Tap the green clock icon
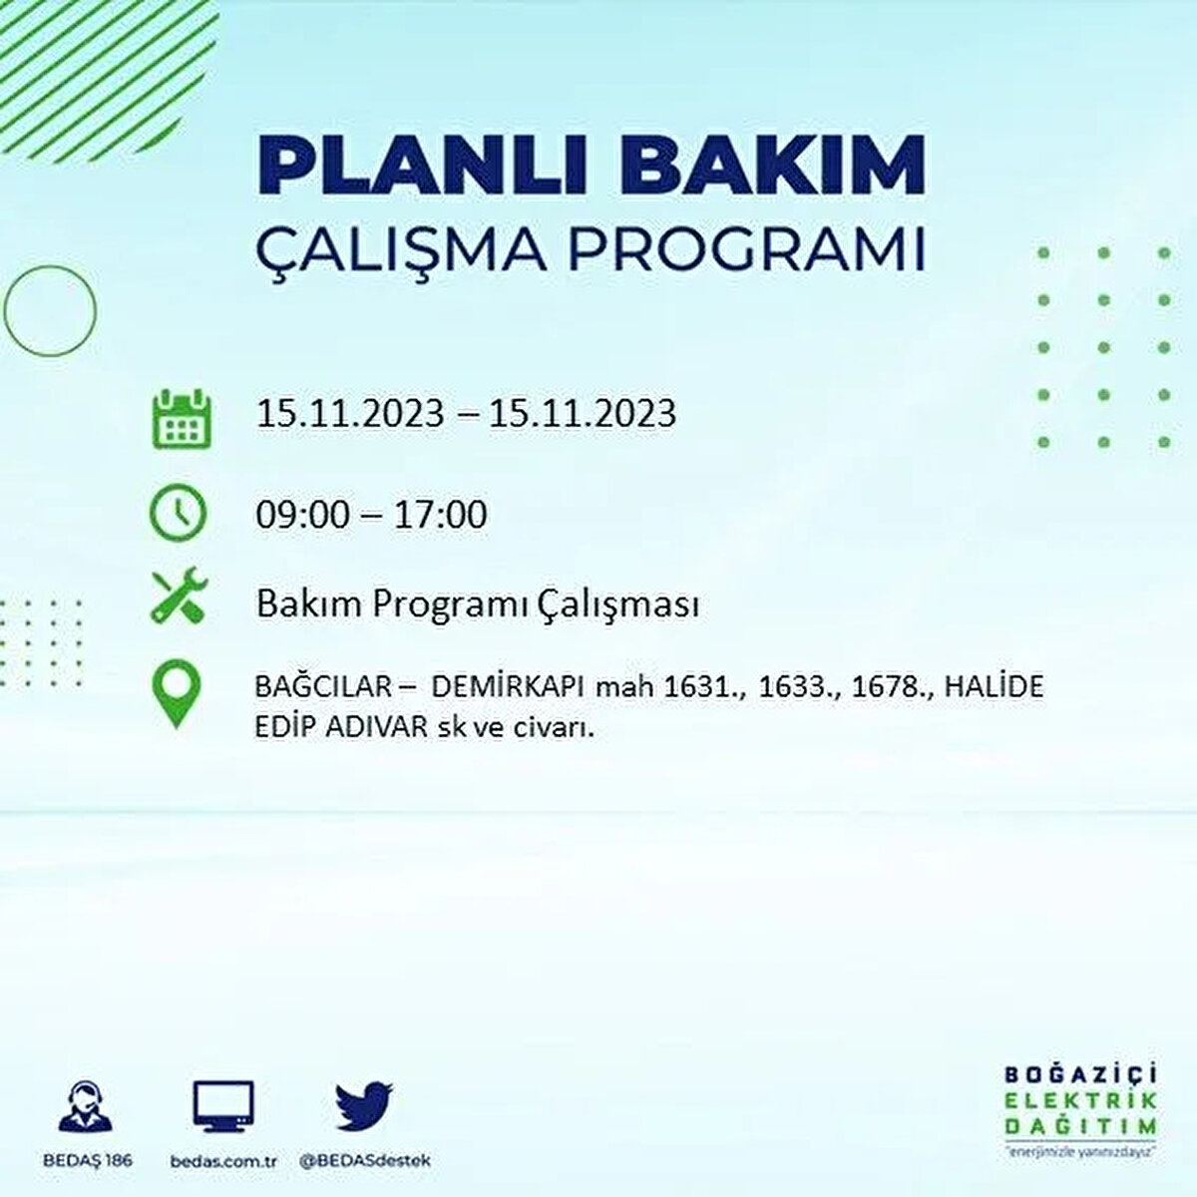tap(178, 513)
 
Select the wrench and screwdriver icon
tap(179, 597)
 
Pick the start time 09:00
tap(304, 516)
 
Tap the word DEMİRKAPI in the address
tap(509, 687)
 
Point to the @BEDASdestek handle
tap(364, 1162)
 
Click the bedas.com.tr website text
tap(222, 1162)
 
